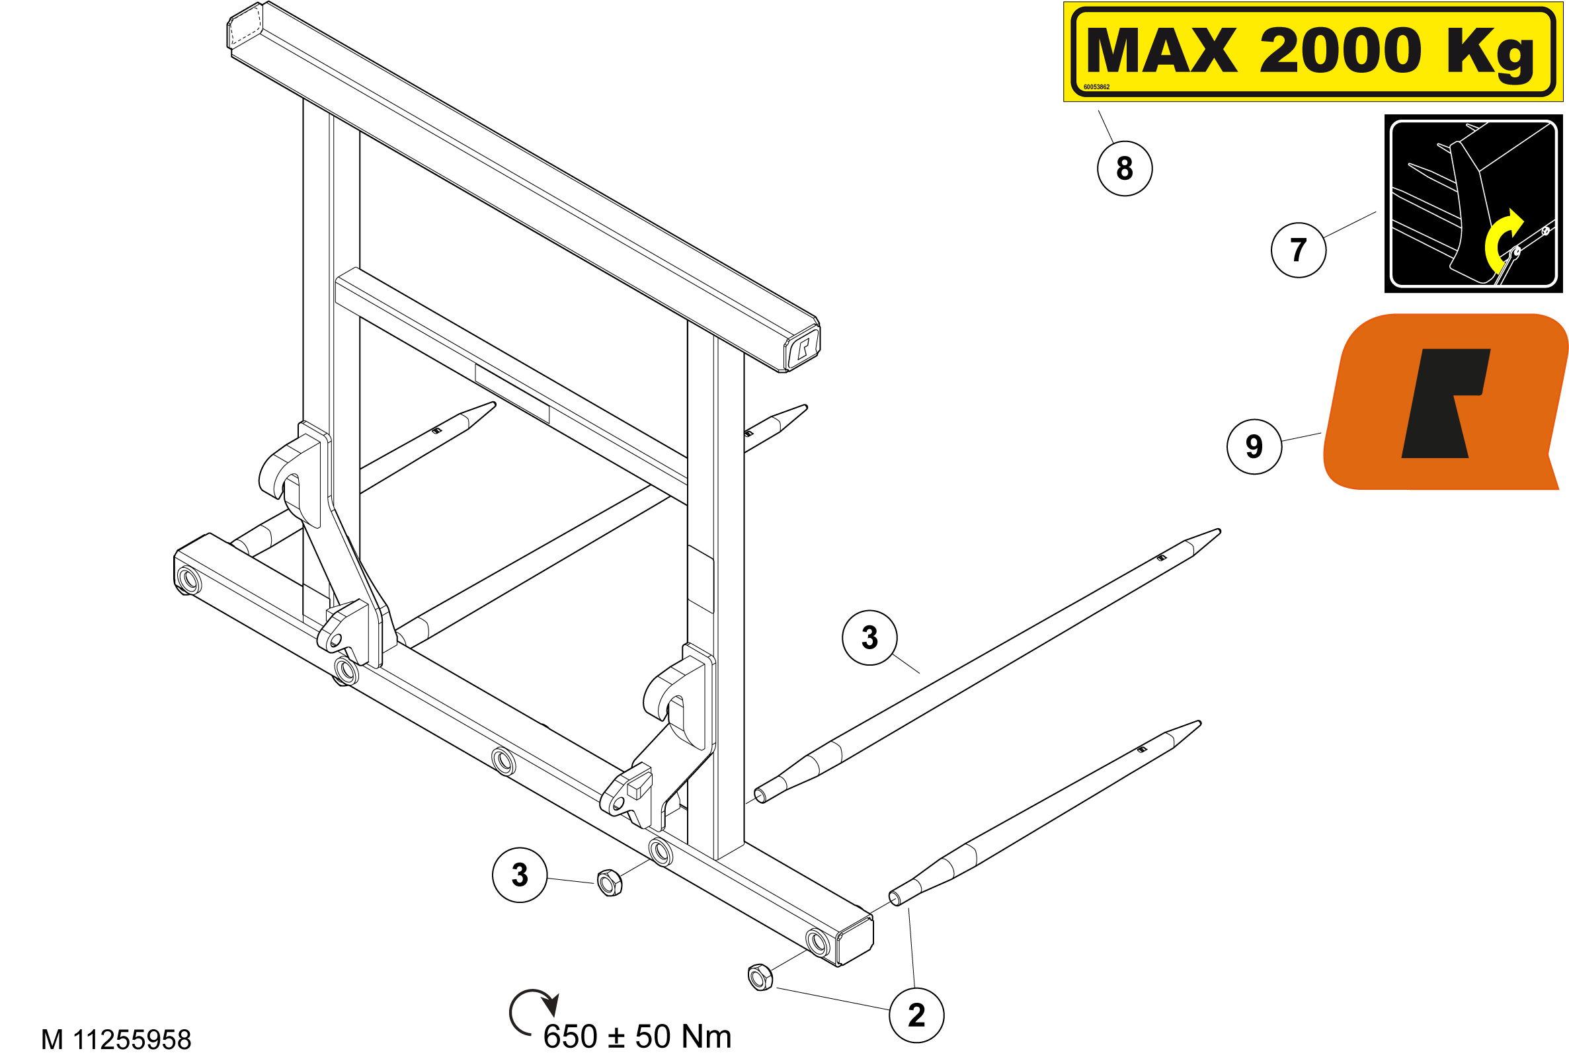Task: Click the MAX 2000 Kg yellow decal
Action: pos(1312,52)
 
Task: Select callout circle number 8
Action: pos(1125,169)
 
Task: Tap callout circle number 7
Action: pos(1299,251)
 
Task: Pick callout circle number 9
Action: pos(1254,447)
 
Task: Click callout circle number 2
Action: pos(917,1016)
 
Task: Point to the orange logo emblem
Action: pos(1445,402)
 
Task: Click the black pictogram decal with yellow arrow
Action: pos(1474,203)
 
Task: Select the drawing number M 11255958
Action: pos(116,1040)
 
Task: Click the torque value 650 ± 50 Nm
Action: pos(637,1037)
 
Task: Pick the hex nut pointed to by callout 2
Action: pos(760,977)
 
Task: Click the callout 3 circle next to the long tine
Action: pos(870,638)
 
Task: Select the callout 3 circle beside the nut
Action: pos(520,875)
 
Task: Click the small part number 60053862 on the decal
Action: pos(1096,87)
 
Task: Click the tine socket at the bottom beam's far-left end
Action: pos(188,580)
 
